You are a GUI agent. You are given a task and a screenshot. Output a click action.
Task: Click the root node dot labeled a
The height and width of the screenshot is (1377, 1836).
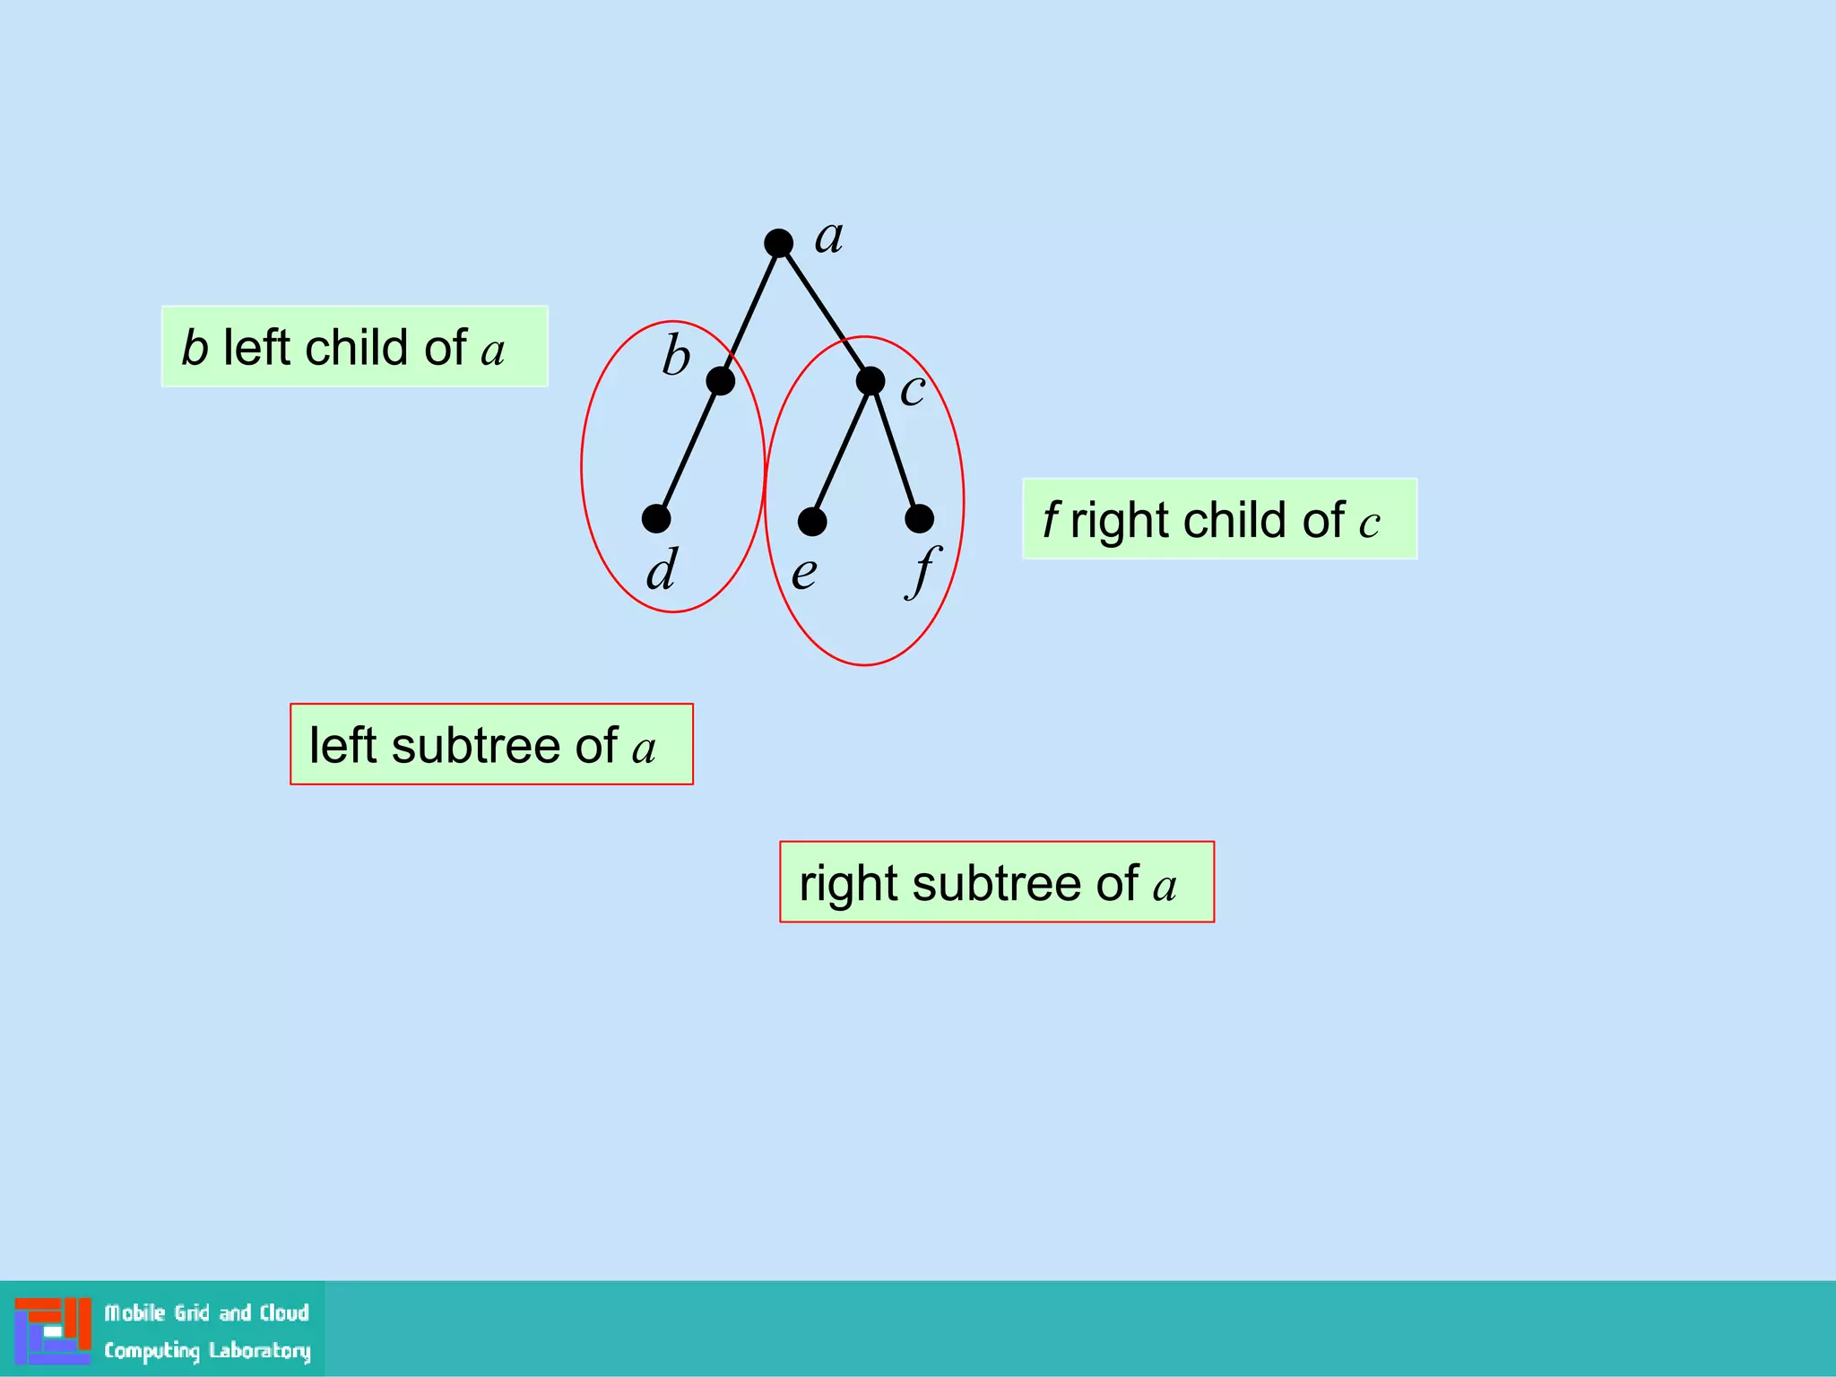[778, 243]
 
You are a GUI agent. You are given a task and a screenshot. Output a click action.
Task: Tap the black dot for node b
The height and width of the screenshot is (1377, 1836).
[720, 381]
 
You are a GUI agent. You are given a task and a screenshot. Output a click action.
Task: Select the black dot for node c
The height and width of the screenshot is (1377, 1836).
[870, 381]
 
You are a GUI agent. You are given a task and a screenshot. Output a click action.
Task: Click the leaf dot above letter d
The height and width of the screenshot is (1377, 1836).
[656, 518]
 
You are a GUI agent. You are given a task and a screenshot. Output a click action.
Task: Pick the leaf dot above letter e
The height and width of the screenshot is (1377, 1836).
[812, 521]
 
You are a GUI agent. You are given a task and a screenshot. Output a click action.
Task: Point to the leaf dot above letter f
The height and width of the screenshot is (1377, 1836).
[919, 518]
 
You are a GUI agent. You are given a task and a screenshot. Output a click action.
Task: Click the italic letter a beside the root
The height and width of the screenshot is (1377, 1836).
[828, 238]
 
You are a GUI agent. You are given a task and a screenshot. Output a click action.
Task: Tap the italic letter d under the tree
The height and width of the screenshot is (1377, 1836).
[663, 569]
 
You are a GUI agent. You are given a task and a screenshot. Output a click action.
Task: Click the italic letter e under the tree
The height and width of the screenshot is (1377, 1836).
[804, 573]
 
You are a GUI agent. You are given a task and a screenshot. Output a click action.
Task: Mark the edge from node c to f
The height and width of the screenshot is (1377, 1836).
[895, 450]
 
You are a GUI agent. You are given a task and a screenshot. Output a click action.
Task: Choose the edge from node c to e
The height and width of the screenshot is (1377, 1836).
[841, 451]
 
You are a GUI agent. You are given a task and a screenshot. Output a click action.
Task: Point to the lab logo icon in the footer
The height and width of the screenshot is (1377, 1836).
[52, 1330]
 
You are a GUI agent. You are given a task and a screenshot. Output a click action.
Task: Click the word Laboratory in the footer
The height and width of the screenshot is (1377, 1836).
[260, 1351]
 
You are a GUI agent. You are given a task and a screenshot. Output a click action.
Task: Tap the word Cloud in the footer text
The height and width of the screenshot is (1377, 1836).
[284, 1313]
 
